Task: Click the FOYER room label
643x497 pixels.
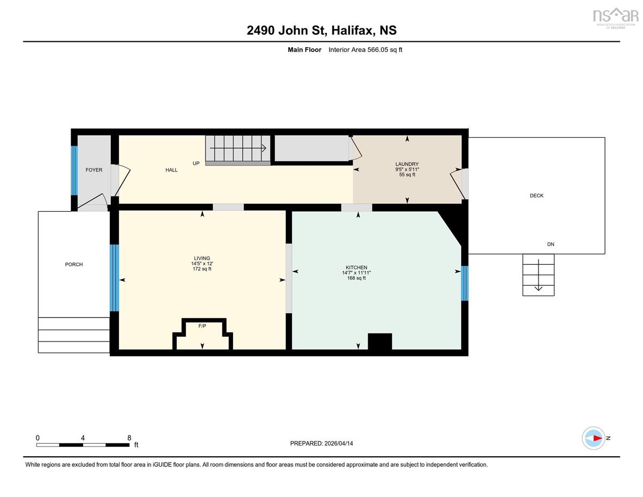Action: (94, 170)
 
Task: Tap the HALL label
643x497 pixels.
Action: (171, 170)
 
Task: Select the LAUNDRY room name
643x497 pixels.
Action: (407, 164)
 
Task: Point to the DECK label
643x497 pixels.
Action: (536, 195)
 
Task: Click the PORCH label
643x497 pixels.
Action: (74, 264)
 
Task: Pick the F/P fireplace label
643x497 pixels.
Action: (202, 326)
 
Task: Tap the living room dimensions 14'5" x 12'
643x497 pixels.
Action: (202, 263)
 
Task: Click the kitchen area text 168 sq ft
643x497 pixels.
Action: (356, 278)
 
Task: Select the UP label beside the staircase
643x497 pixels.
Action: (196, 164)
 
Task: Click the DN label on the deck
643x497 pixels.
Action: (551, 244)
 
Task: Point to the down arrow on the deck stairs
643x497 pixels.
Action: (539, 275)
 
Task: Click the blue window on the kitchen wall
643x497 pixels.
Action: (465, 283)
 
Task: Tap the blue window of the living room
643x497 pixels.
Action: (114, 278)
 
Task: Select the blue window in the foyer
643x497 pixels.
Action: (74, 170)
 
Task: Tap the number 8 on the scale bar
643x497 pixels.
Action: (129, 438)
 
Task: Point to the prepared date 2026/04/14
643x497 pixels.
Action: (339, 443)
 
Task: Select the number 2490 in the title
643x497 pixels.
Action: (261, 31)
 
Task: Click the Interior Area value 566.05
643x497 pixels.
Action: (378, 50)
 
